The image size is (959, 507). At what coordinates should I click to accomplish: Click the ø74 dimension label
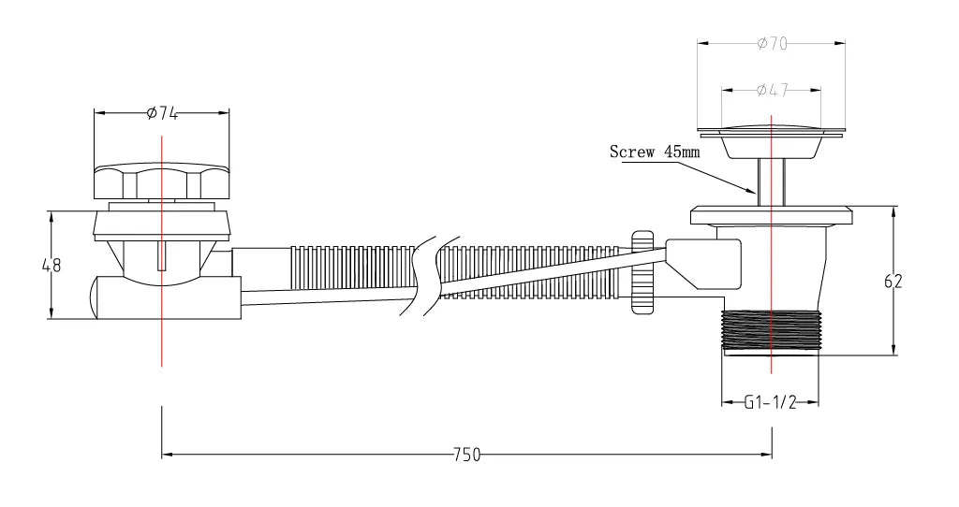(x=163, y=113)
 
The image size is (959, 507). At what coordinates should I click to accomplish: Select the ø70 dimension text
(x=771, y=43)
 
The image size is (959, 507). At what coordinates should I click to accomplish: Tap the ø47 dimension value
(x=771, y=90)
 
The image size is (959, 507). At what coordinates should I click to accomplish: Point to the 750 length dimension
(x=466, y=456)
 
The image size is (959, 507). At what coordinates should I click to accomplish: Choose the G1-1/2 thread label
(x=770, y=403)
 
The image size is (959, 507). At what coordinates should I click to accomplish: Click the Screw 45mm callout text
(x=655, y=152)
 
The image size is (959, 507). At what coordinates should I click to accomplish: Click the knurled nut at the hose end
(x=642, y=272)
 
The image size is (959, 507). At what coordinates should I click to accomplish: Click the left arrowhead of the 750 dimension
(x=167, y=456)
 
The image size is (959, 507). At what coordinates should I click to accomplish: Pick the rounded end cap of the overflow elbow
(x=96, y=297)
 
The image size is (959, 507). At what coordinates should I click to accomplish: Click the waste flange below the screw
(x=771, y=215)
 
